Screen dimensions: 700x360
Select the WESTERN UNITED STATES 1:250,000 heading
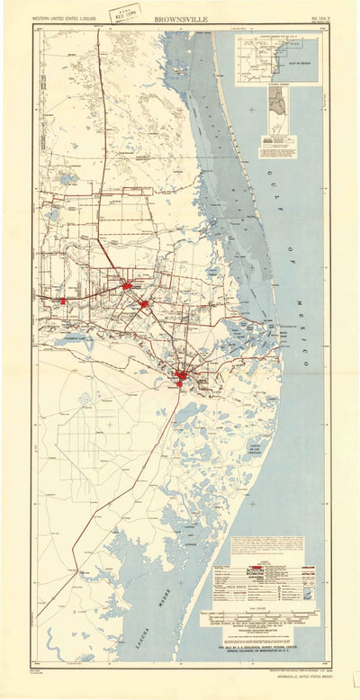click(x=67, y=18)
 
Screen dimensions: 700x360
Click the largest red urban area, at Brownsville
click(x=182, y=377)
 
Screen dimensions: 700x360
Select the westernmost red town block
click(x=63, y=301)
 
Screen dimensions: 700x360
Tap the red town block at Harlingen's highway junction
click(x=127, y=285)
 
